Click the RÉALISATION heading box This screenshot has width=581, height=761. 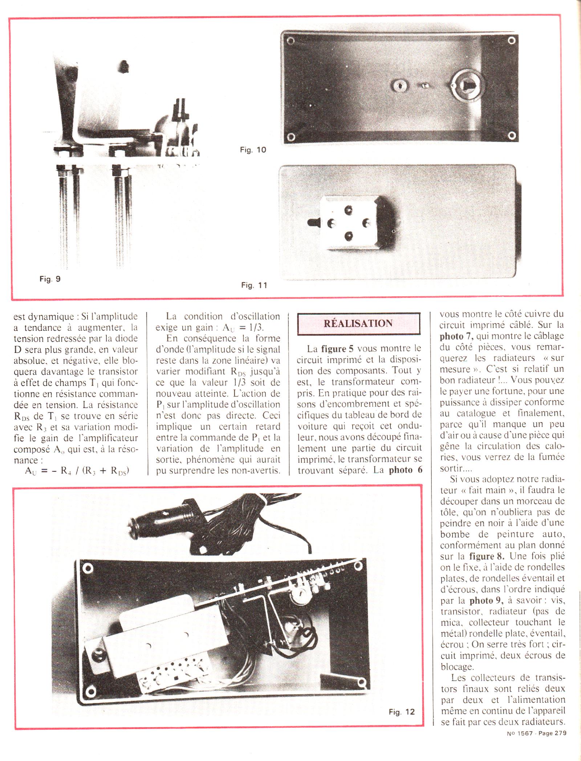coord(358,323)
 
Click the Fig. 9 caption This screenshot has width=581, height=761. coord(50,279)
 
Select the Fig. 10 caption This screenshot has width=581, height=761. coord(253,150)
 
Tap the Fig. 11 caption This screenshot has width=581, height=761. coord(254,285)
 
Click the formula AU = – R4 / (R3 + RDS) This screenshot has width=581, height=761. coord(77,471)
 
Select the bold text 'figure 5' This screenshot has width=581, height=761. coord(337,349)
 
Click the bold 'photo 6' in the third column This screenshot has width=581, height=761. coord(406,470)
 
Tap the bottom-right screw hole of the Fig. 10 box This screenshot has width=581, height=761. coord(512,136)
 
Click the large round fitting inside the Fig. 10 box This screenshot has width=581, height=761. coord(463,86)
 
